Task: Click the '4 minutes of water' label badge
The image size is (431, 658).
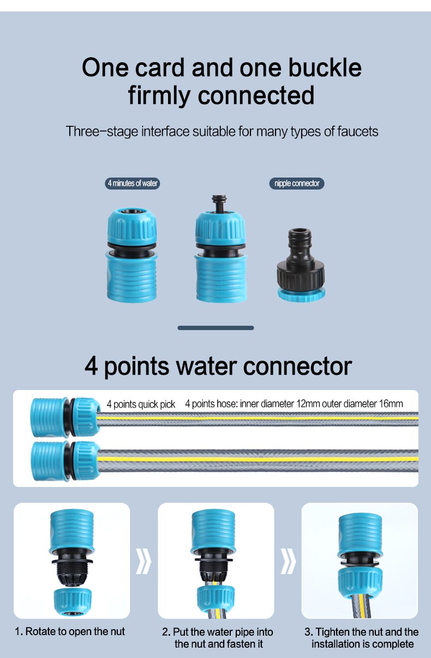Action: [x=133, y=184]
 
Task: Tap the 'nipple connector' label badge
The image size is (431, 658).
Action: [x=297, y=184]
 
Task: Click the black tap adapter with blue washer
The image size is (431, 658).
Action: [x=301, y=265]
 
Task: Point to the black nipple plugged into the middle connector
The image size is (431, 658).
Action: [x=219, y=203]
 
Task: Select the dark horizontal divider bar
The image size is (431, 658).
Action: [x=215, y=328]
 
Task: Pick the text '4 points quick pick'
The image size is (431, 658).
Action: [x=141, y=405]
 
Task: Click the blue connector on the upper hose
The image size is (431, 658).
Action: [x=65, y=417]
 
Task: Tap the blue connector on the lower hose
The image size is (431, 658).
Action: [x=65, y=461]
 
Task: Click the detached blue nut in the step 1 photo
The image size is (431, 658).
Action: [x=73, y=602]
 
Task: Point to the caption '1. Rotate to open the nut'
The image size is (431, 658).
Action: [x=70, y=631]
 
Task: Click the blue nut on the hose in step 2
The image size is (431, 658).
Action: [x=215, y=598]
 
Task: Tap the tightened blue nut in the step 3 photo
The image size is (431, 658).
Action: [x=360, y=583]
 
